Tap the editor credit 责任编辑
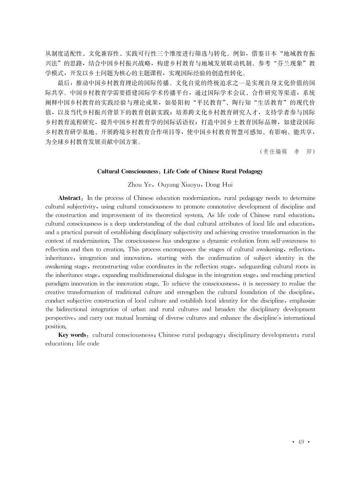click(x=274, y=151)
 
